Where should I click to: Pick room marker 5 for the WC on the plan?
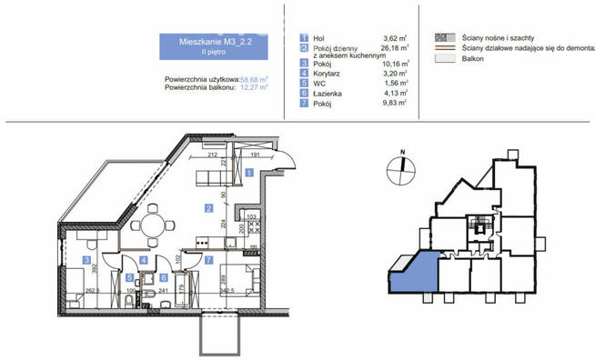(x=129, y=276)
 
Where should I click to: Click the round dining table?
(x=153, y=222)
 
